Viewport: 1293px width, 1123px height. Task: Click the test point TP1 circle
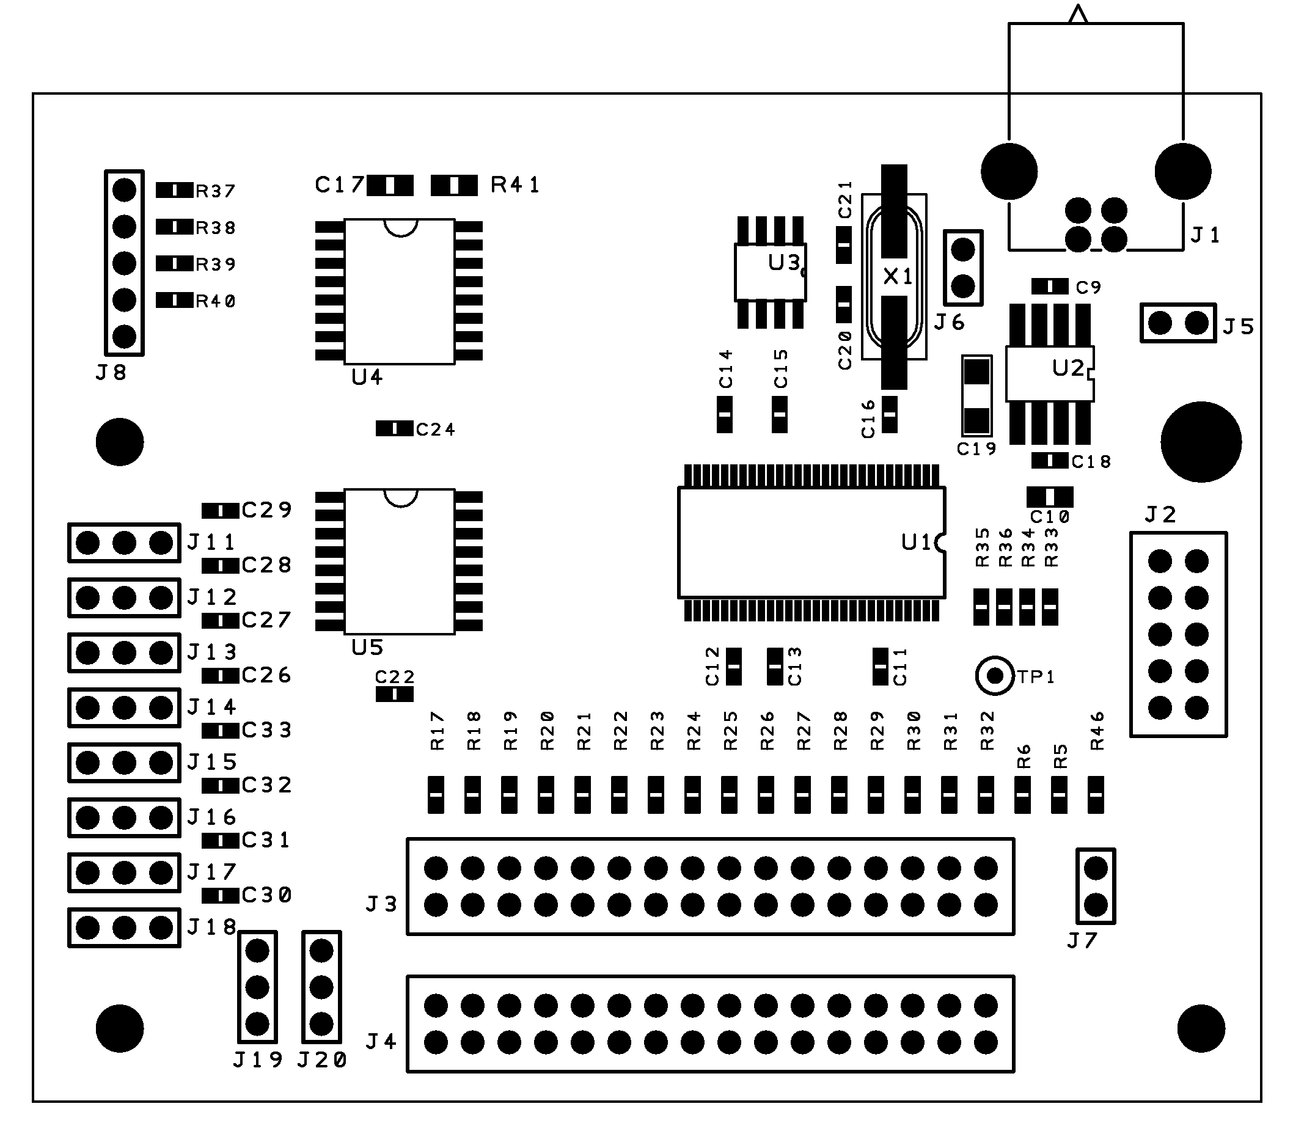pyautogui.click(x=994, y=676)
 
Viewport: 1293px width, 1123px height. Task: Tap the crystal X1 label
pyautogui.click(x=898, y=276)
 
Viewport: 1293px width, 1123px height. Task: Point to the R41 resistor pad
pyautogui.click(x=455, y=186)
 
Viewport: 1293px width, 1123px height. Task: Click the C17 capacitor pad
pyautogui.click(x=390, y=186)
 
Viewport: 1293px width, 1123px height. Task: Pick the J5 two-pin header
pyautogui.click(x=1178, y=323)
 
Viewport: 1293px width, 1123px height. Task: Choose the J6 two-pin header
pyautogui.click(x=962, y=268)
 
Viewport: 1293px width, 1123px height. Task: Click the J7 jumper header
pyautogui.click(x=1095, y=886)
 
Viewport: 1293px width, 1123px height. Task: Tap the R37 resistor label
pyautogui.click(x=215, y=191)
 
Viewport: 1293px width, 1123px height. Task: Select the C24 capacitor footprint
pyautogui.click(x=394, y=429)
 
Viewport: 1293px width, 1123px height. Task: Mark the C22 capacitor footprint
pyautogui.click(x=394, y=694)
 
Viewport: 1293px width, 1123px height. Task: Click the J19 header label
pyautogui.click(x=258, y=1059)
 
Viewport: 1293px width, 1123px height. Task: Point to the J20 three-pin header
pyautogui.click(x=321, y=987)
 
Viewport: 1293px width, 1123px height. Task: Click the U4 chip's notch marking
pyautogui.click(x=400, y=227)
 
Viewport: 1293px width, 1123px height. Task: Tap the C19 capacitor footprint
pyautogui.click(x=976, y=395)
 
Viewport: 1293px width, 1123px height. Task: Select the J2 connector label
pyautogui.click(x=1160, y=515)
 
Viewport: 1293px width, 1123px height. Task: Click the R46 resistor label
pyautogui.click(x=1097, y=731)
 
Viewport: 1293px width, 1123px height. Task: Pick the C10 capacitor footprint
pyautogui.click(x=1050, y=497)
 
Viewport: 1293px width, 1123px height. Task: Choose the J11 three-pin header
pyautogui.click(x=124, y=543)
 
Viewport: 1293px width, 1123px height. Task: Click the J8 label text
pyautogui.click(x=111, y=373)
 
